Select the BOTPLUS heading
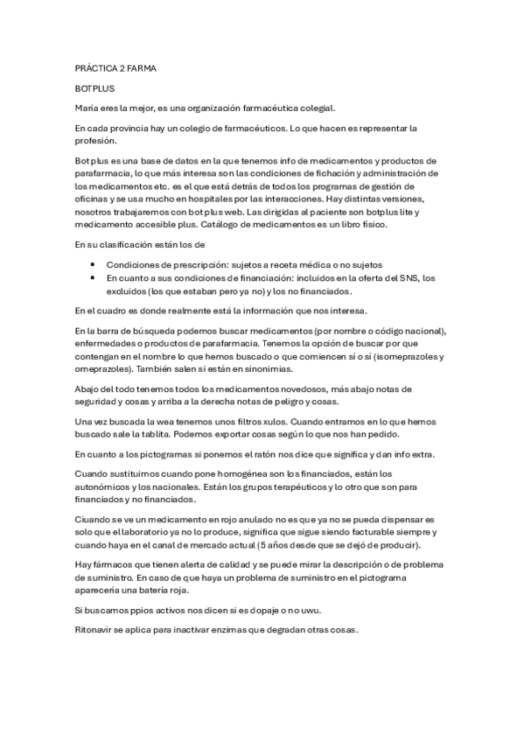(94, 88)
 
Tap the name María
(88, 108)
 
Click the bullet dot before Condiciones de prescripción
(93, 265)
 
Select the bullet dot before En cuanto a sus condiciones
(93, 277)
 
